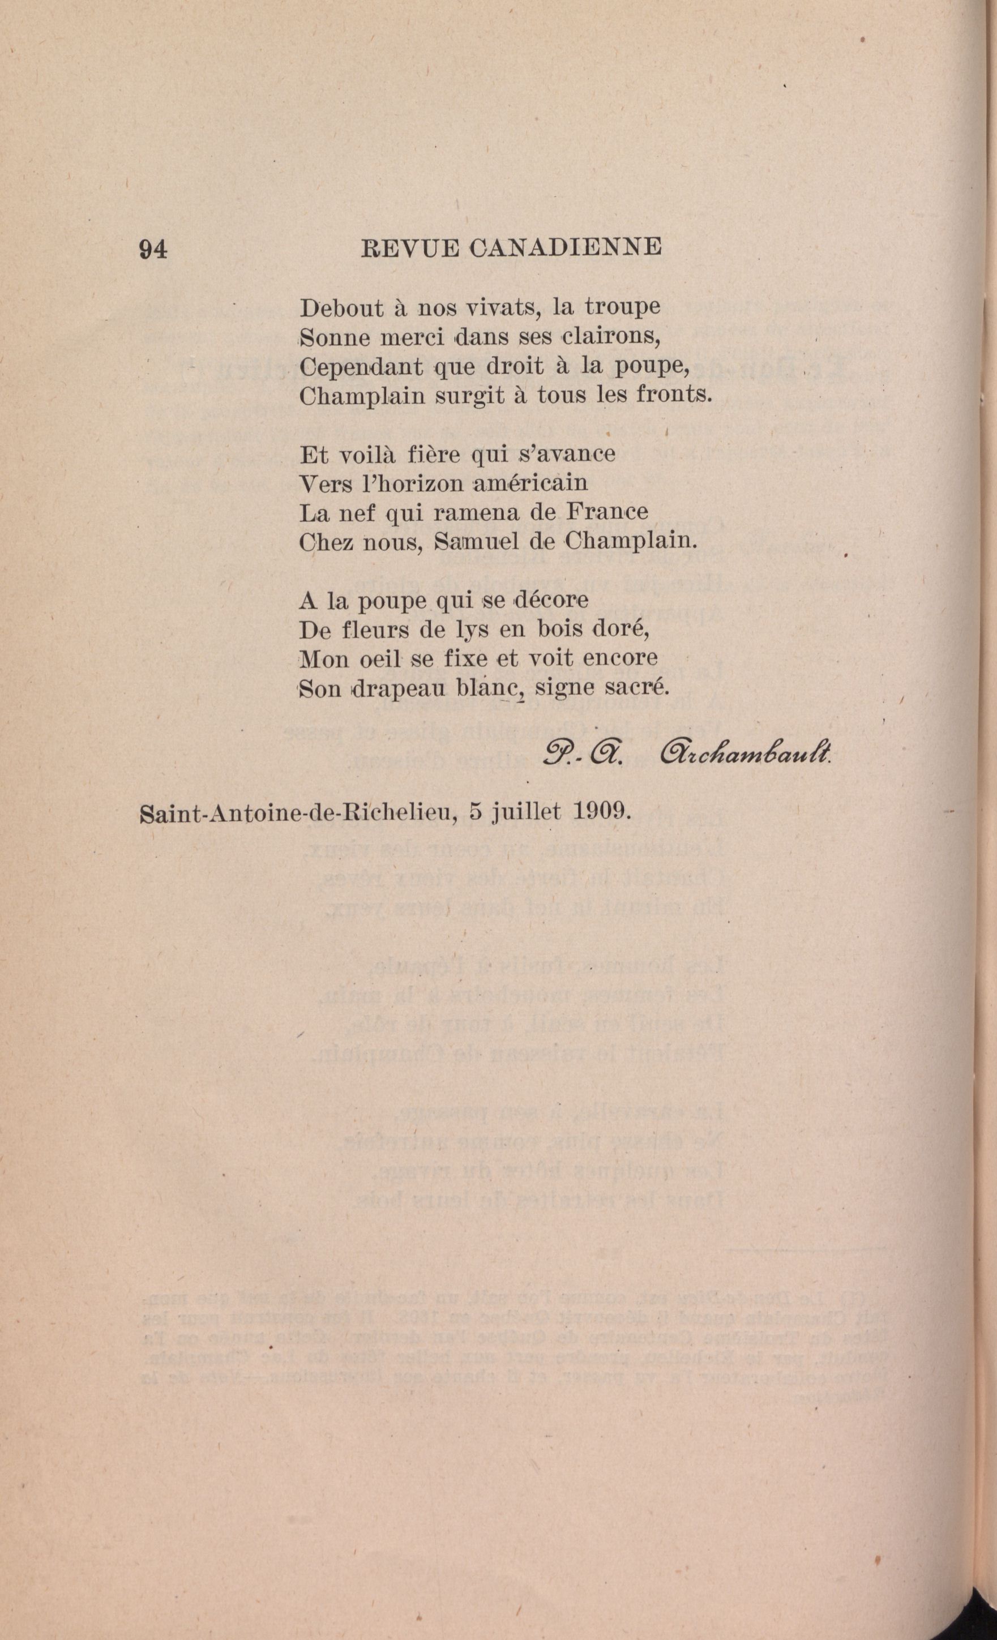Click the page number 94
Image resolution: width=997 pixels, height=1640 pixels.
(x=152, y=249)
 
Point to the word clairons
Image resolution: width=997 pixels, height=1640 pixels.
(x=610, y=337)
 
